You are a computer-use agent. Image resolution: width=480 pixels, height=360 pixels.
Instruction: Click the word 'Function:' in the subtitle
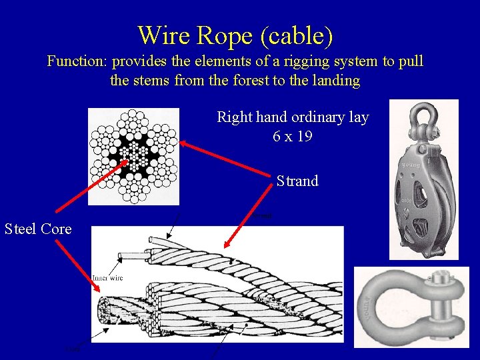point(77,62)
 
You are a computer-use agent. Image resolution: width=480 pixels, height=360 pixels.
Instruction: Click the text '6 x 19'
point(292,135)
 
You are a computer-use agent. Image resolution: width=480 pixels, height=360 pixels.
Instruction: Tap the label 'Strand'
point(297,181)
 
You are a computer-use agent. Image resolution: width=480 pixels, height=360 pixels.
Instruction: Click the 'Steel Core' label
point(38,229)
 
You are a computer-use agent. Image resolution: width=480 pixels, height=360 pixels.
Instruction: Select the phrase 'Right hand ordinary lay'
point(292,117)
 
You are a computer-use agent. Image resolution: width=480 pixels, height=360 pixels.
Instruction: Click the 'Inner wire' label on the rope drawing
point(107,277)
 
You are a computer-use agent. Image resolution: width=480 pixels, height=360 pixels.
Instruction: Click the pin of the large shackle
point(441,307)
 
